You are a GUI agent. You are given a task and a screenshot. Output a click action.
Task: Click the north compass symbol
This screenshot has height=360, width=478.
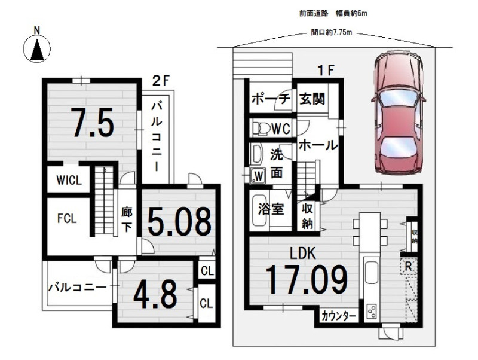click(37, 48)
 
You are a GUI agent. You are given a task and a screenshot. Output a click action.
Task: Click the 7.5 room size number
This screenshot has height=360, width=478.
click(93, 123)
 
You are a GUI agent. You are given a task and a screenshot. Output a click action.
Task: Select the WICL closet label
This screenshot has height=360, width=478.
click(69, 180)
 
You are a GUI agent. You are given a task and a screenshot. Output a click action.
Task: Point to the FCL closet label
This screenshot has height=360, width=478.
click(67, 218)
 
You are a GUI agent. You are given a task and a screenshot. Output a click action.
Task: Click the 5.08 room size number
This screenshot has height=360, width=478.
click(180, 221)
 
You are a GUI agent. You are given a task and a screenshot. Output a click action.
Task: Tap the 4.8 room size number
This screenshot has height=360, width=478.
click(155, 294)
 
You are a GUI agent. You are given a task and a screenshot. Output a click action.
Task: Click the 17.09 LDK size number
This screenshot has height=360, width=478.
click(307, 279)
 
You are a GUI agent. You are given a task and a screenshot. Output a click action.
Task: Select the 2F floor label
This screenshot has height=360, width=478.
click(160, 81)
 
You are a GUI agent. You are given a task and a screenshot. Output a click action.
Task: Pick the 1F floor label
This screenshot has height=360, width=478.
click(326, 71)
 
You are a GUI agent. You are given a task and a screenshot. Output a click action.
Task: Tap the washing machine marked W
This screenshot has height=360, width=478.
click(258, 176)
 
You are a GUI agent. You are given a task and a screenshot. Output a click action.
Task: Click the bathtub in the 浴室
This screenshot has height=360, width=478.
click(259, 210)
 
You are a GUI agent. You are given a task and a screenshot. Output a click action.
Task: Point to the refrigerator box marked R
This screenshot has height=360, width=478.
click(409, 267)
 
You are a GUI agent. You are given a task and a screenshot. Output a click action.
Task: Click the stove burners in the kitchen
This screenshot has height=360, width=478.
click(372, 312)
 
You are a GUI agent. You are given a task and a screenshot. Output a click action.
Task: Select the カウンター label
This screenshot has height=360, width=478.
click(339, 316)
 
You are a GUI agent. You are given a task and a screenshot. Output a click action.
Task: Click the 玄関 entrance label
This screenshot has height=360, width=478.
click(312, 99)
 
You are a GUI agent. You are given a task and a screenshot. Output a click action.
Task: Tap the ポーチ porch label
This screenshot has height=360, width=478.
click(271, 99)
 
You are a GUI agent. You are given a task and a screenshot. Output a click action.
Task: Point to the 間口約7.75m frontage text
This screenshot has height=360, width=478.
click(332, 32)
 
